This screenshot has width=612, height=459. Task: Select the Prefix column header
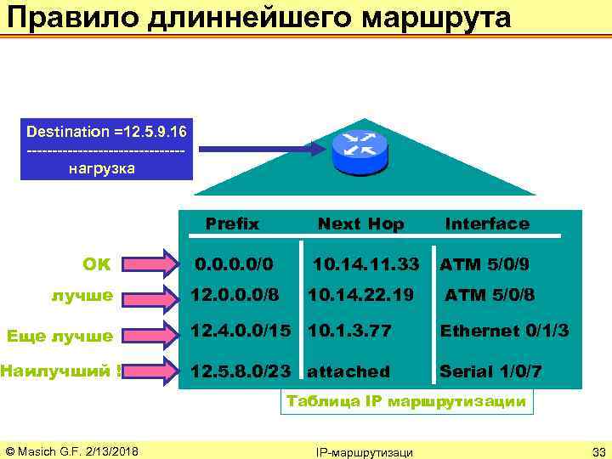pyautogui.click(x=232, y=224)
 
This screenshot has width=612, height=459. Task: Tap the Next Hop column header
pyautogui.click(x=360, y=224)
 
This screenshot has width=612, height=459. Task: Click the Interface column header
pyautogui.click(x=487, y=224)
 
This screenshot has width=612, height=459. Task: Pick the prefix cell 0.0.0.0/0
pyautogui.click(x=235, y=264)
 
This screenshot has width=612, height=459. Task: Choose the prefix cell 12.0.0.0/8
pyautogui.click(x=234, y=296)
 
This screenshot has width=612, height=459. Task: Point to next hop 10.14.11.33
pyautogui.click(x=366, y=264)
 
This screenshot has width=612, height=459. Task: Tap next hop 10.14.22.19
pyautogui.click(x=360, y=296)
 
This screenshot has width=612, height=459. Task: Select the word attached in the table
pyautogui.click(x=348, y=371)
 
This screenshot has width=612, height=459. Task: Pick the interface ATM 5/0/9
pyautogui.click(x=484, y=264)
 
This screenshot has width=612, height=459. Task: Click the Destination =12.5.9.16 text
pyautogui.click(x=107, y=132)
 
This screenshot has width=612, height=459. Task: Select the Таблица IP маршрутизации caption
pyautogui.click(x=407, y=402)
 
